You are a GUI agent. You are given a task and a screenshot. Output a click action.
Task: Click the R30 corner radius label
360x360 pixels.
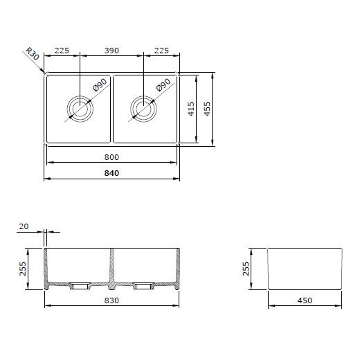[33, 54]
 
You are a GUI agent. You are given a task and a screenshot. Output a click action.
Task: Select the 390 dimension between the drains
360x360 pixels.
[111, 51]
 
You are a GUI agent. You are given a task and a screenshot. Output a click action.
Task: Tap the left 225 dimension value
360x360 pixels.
[62, 51]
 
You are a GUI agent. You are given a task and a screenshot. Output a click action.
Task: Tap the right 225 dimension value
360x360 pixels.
[161, 51]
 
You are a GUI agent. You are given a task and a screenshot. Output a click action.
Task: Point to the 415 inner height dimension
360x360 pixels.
[191, 109]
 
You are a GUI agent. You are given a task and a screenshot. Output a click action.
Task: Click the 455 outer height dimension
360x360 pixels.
[207, 109]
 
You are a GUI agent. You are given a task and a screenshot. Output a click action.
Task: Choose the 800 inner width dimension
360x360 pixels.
[111, 157]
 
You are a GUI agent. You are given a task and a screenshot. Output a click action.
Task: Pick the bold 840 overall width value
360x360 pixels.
[111, 173]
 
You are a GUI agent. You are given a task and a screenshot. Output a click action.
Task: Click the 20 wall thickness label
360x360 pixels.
[24, 226]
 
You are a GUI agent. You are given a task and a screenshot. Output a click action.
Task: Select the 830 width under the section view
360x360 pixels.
[111, 300]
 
